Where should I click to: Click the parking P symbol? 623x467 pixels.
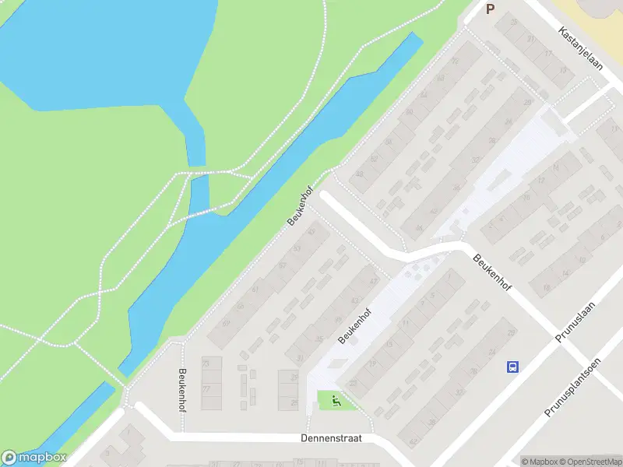click(x=490, y=9)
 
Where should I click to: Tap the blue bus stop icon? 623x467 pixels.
click(x=512, y=367)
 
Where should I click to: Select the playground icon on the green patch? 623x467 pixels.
click(x=336, y=402)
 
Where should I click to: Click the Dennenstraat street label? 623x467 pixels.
click(x=331, y=439)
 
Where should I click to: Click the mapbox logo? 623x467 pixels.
click(x=34, y=458)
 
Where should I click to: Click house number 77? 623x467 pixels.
click(x=206, y=388)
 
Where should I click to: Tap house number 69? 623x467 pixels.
click(x=227, y=322)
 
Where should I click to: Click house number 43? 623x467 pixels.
click(x=354, y=300)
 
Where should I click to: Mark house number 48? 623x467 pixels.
click(x=359, y=174)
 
